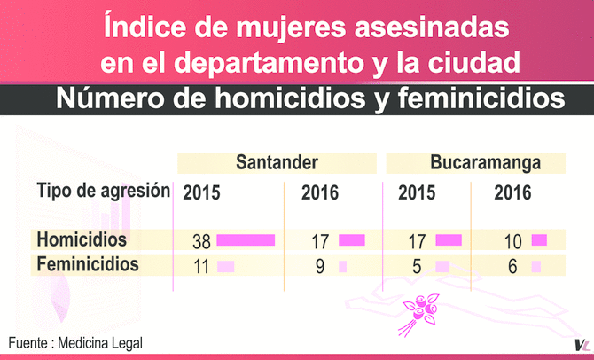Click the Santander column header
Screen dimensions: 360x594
(x=277, y=163)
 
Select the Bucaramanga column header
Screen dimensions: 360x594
(x=473, y=163)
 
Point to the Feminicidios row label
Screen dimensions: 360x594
(x=88, y=264)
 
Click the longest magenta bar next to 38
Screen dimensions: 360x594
(x=246, y=239)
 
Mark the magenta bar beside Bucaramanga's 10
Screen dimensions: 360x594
(x=539, y=239)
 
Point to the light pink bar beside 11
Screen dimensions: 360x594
(x=226, y=265)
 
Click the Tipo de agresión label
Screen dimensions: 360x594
(x=103, y=191)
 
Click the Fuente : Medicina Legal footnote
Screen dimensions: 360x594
(x=75, y=342)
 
